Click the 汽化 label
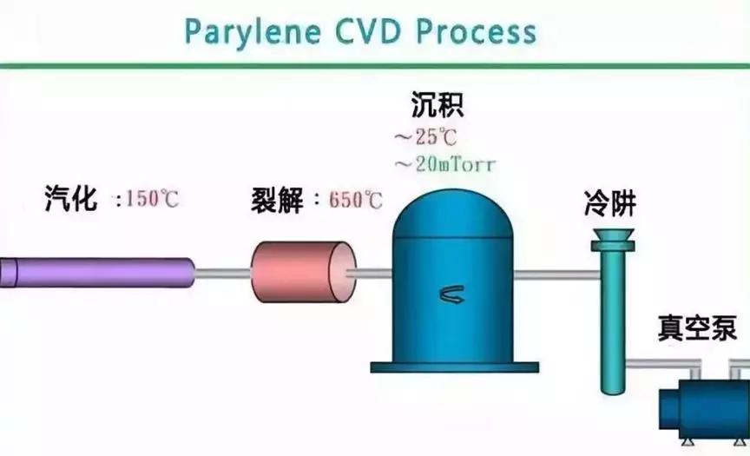71,198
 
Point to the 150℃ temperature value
153,199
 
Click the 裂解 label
276,199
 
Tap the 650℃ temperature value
356,200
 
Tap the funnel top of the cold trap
613,236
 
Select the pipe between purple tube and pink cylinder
223,274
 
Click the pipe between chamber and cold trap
556,276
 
